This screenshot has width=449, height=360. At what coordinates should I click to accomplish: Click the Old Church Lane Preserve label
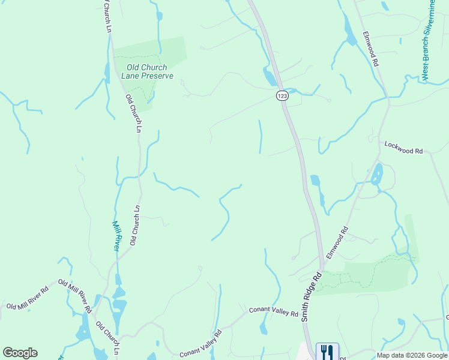pyautogui.click(x=147, y=71)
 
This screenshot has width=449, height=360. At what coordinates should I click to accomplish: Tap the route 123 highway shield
pyautogui.click(x=282, y=95)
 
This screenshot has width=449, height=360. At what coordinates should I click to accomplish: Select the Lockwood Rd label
pyautogui.click(x=408, y=148)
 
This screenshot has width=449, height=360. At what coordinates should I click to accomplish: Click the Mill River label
pyautogui.click(x=117, y=235)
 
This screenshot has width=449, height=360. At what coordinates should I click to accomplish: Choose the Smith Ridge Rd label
pyautogui.click(x=312, y=297)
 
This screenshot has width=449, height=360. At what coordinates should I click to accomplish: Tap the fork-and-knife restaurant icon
pyautogui.click(x=327, y=350)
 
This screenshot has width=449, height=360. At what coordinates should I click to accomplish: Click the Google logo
pyautogui.click(x=20, y=353)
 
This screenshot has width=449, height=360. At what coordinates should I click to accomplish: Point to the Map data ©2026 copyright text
pyautogui.click(x=412, y=355)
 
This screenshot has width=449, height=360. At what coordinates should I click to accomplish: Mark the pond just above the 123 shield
pyautogui.click(x=270, y=77)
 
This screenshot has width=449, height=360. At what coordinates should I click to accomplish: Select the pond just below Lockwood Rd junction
pyautogui.click(x=377, y=175)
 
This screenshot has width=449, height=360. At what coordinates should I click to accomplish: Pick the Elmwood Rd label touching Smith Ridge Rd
pyautogui.click(x=337, y=242)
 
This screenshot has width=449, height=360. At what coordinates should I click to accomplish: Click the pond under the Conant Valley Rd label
pyautogui.click(x=264, y=328)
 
